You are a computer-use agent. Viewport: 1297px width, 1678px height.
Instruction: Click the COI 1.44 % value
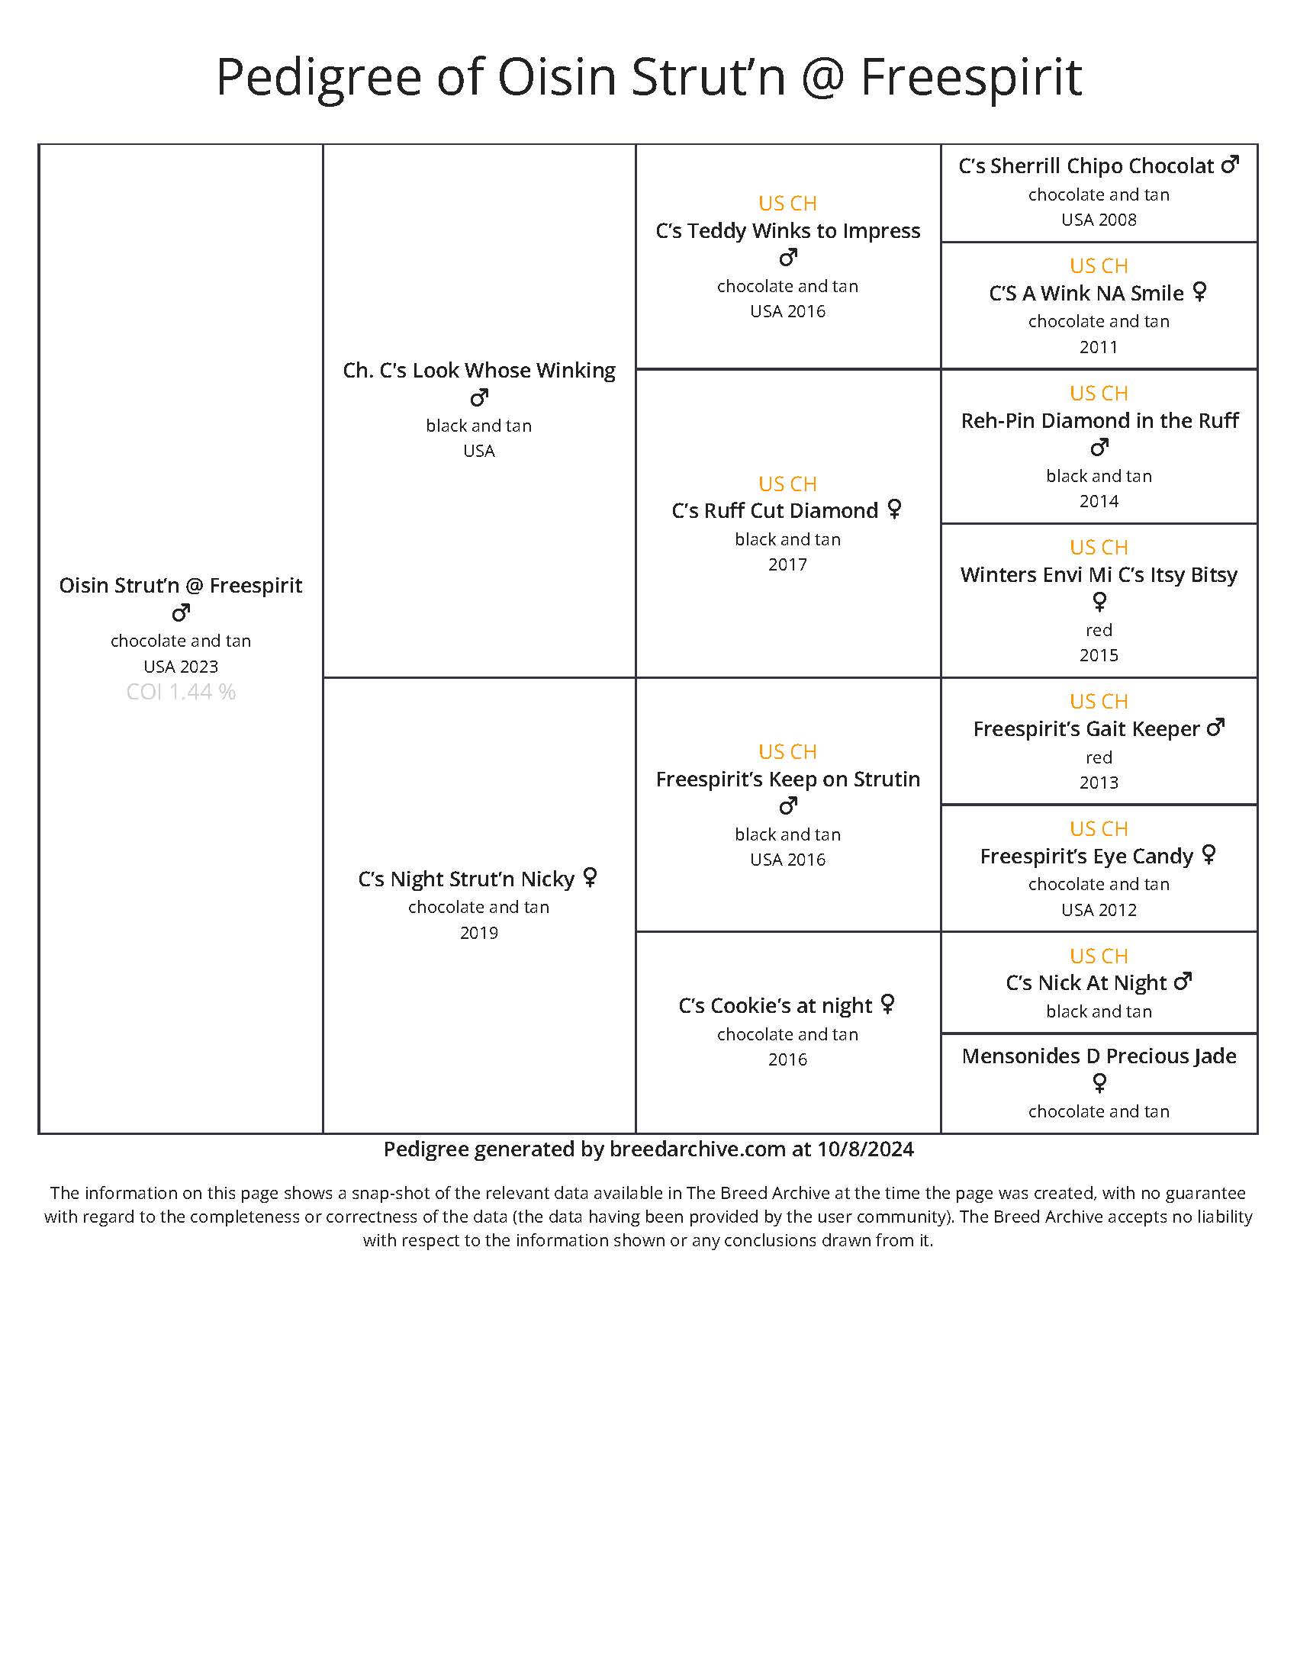181,693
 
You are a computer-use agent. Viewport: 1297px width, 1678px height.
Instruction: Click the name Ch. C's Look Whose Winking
478,371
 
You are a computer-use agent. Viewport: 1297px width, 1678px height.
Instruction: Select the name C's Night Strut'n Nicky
465,879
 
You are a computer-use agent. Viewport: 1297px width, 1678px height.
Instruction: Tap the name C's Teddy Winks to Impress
787,230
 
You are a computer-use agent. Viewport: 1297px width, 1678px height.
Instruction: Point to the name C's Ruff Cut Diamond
774,511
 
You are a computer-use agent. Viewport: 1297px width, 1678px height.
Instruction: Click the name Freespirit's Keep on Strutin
787,779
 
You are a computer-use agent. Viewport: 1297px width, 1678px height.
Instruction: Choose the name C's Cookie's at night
775,1006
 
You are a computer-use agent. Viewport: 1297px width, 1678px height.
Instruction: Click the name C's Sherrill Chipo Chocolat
1086,166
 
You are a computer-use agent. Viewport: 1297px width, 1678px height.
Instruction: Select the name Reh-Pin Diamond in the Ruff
1099,420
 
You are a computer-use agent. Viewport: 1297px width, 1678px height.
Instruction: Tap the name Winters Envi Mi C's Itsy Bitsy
1099,574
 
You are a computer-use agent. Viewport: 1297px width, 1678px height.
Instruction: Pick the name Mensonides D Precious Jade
1099,1056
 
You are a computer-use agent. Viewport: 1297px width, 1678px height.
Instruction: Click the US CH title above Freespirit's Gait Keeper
1099,702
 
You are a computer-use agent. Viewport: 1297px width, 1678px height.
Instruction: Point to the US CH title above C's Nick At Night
1099,956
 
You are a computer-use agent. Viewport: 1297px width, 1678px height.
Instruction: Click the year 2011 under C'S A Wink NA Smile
1099,347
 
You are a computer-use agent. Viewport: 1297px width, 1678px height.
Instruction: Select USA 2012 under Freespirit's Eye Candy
1099,910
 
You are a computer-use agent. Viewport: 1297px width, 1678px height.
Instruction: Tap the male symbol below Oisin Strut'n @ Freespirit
181,613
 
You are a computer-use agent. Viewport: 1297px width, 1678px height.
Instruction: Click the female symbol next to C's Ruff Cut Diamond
894,510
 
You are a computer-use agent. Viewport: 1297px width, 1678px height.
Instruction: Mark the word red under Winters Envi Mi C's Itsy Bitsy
1099,630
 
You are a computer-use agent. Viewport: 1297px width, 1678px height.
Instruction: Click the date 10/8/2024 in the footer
865,1149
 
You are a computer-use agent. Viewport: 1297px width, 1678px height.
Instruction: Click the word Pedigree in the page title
318,77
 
